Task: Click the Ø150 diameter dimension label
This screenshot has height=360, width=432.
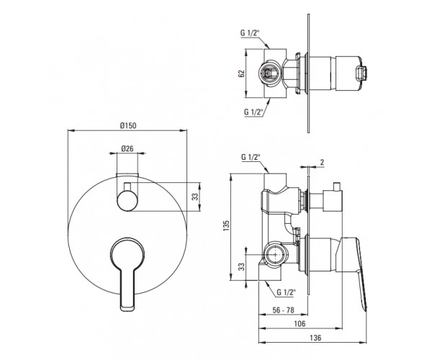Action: coord(128,125)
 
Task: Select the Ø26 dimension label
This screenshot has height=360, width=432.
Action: coord(127,148)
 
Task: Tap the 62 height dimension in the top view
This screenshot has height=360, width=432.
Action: coord(241,73)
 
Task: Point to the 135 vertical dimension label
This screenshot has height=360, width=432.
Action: coord(227,225)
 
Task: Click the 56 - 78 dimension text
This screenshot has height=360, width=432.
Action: coord(283,310)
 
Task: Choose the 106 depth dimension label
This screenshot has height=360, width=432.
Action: coord(300,323)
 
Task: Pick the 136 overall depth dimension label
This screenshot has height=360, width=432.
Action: coord(315,338)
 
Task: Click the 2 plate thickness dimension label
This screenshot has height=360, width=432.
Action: coord(322,162)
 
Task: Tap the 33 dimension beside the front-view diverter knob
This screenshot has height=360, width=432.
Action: coord(195,197)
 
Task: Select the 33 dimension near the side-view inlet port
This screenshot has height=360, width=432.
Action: coord(241,266)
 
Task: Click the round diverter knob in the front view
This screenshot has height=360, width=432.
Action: coord(127,202)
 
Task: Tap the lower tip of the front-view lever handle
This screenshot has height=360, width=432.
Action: coord(127,310)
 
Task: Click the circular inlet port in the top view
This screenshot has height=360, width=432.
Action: coord(270,73)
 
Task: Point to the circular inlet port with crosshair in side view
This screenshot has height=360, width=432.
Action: coord(275,255)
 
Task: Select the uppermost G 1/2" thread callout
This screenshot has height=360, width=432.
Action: coord(250,33)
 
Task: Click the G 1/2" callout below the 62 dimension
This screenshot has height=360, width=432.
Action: coord(253,112)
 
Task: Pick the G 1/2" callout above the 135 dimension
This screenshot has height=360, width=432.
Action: coord(251,157)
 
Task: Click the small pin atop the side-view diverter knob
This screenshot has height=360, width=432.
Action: coord(336,186)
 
